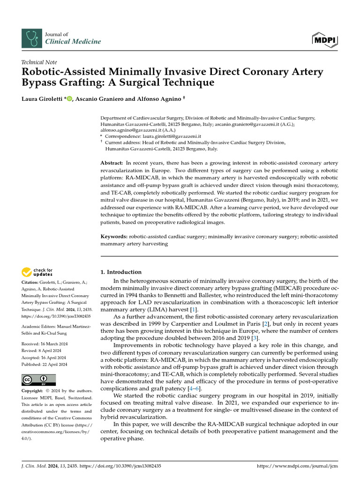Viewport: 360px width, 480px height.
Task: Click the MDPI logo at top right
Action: point(325,39)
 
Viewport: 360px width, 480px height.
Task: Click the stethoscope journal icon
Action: point(31,38)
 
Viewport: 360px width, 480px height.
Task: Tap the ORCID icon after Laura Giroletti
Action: point(70,98)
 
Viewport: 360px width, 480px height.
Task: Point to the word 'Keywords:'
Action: point(114,237)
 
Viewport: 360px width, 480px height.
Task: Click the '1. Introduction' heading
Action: point(121,272)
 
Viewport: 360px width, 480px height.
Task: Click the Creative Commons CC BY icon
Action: point(38,380)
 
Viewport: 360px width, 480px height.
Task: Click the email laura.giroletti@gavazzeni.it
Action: point(172,136)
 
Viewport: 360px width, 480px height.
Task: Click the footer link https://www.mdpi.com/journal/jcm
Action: point(298,466)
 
